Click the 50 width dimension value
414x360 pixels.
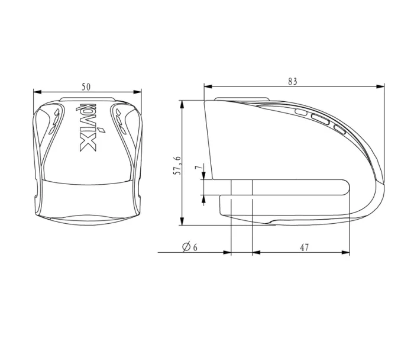86,86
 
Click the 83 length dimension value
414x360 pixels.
292,82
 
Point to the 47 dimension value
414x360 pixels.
304,247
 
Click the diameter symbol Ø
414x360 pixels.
186,247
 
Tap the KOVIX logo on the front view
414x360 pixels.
86,128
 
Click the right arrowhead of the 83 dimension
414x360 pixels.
381,86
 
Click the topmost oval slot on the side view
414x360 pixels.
301,111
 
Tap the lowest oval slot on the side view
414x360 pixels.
339,129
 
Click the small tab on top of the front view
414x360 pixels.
88,98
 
